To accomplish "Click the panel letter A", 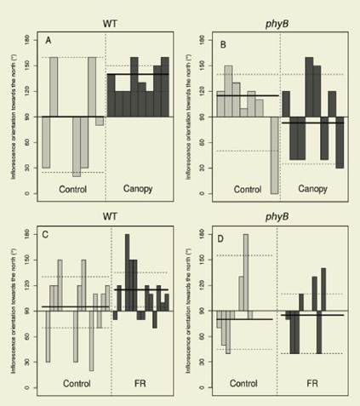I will point(49,41).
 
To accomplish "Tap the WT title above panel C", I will point(106,212).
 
